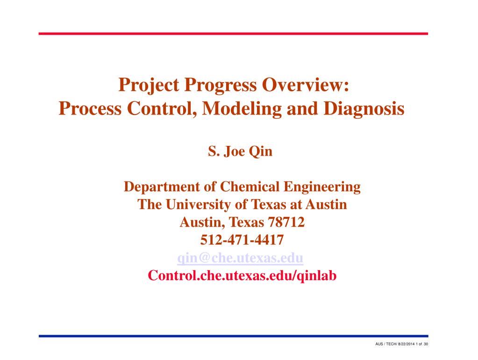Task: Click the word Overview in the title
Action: [x=305, y=85]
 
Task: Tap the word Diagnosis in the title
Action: [x=364, y=109]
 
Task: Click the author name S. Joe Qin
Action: [x=240, y=151]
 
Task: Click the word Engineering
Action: [x=322, y=187]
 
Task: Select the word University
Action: [x=198, y=205]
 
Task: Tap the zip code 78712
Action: [x=286, y=222]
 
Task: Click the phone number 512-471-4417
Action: [x=242, y=240]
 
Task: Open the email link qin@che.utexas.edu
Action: [x=240, y=258]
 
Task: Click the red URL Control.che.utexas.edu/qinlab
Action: [x=242, y=275]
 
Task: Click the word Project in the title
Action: [x=149, y=85]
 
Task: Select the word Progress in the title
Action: [x=221, y=86]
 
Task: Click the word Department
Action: [x=162, y=187]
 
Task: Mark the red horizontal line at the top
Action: [x=233, y=34]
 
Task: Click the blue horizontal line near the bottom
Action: [x=233, y=336]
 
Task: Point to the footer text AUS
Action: [x=379, y=344]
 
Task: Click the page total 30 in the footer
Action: [x=426, y=344]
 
